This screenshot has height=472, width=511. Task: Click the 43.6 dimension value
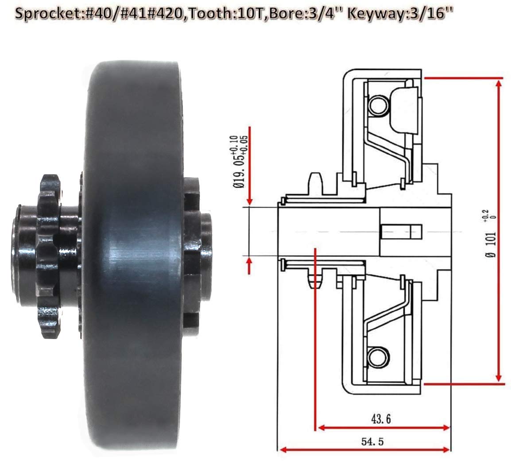pos(380,418)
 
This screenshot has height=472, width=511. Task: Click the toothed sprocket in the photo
pos(49,257)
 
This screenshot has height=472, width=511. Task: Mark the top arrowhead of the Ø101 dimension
pos(499,82)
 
